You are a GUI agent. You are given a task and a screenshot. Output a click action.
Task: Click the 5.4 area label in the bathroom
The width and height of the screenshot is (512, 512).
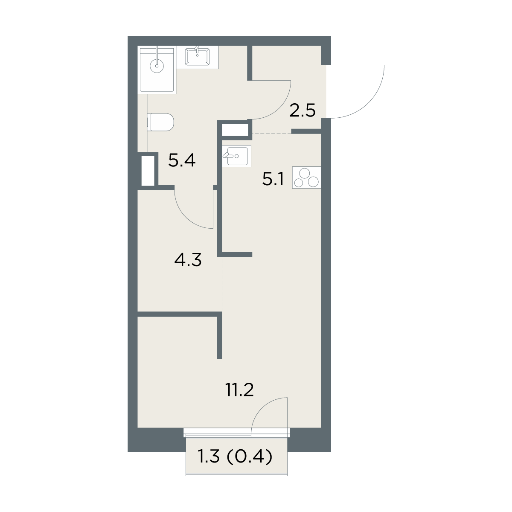(182, 160)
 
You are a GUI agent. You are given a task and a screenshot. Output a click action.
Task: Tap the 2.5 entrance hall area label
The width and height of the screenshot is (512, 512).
(302, 111)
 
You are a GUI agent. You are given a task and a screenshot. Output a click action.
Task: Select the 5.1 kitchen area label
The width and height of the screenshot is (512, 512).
(273, 179)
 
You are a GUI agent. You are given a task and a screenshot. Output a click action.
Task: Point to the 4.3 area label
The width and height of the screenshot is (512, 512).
(188, 259)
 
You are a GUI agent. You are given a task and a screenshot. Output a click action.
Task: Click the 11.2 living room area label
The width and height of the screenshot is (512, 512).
(239, 390)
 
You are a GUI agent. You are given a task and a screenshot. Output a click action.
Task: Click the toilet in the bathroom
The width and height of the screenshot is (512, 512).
(160, 122)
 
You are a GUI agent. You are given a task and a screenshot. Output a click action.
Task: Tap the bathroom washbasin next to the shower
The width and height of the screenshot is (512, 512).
(197, 57)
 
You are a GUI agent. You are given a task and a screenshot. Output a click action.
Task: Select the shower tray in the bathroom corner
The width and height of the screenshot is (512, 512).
(157, 70)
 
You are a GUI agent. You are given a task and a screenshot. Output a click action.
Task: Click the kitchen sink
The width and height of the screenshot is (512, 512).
(236, 156)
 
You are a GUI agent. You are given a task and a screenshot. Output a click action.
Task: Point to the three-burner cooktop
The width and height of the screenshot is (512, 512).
(307, 177)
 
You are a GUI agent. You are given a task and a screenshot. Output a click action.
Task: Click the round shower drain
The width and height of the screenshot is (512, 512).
(157, 66)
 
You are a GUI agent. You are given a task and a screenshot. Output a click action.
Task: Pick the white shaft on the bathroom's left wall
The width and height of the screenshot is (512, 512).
(148, 171)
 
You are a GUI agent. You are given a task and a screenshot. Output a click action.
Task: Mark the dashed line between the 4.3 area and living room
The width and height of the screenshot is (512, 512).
(222, 284)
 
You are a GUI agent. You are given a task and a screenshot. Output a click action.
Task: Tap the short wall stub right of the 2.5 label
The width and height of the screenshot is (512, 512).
(306, 131)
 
